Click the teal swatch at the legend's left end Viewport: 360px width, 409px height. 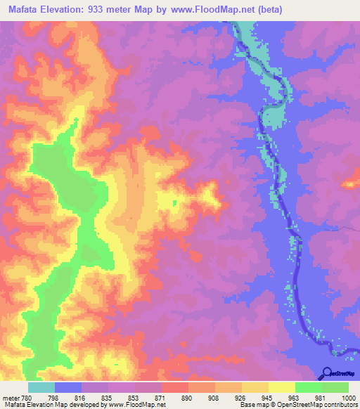click(41, 387)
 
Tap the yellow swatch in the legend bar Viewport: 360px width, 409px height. click(281, 387)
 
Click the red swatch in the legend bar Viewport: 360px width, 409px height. click(174, 387)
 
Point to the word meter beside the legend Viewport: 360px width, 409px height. click(9, 398)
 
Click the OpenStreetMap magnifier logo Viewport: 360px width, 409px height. click(328, 372)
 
